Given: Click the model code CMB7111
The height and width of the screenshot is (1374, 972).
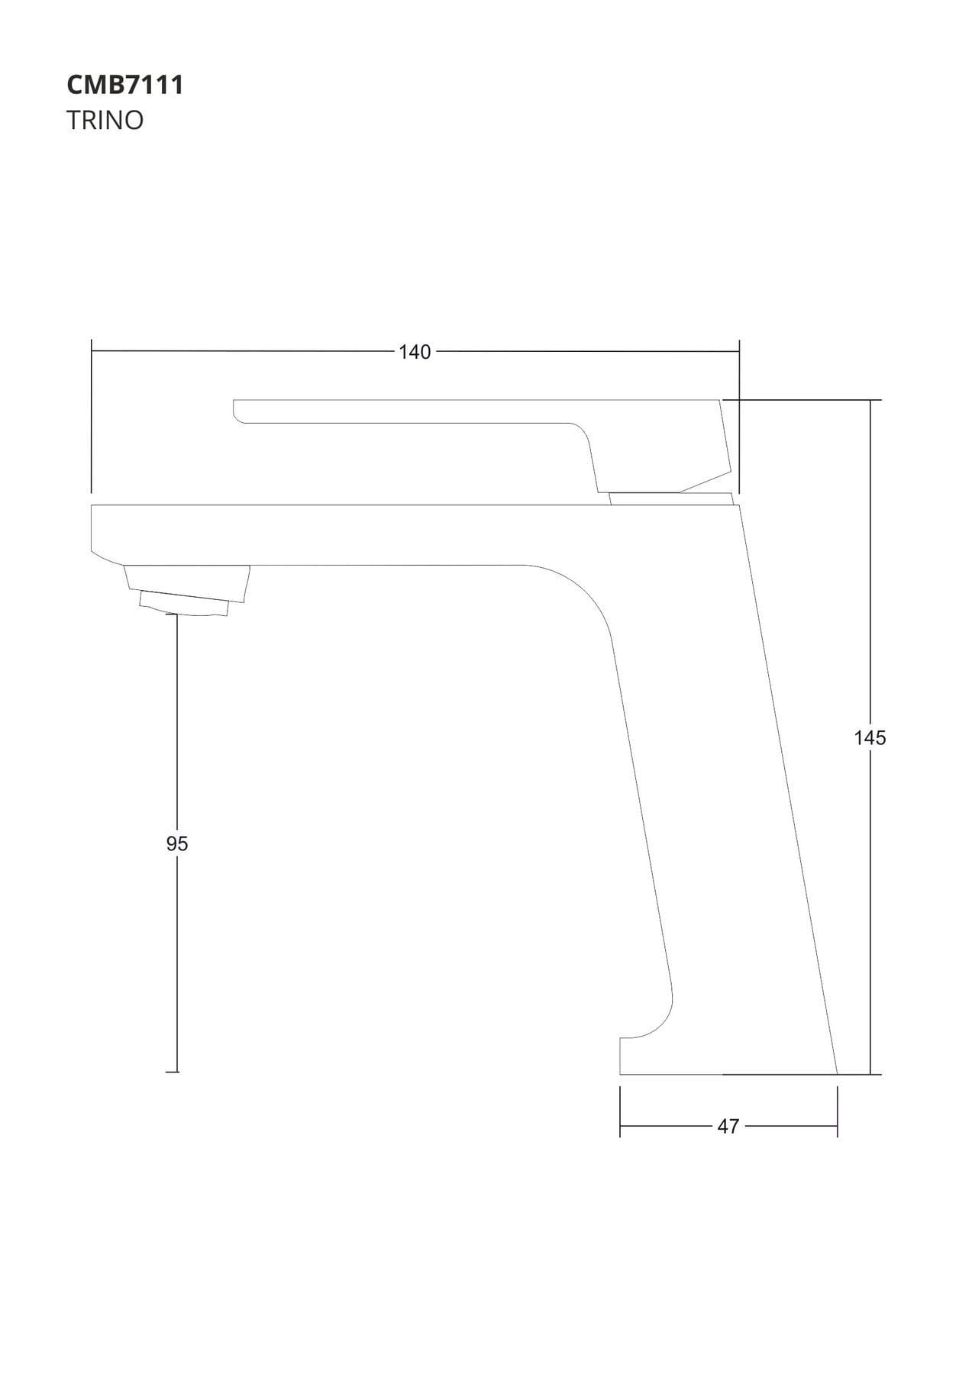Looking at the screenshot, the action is click(125, 85).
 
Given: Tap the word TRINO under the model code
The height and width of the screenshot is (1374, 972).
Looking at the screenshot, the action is click(105, 121).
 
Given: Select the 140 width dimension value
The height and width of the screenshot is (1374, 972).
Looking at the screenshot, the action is click(415, 352).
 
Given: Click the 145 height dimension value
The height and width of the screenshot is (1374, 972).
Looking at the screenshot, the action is click(870, 737).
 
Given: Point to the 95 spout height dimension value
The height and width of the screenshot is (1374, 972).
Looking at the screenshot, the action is click(177, 843).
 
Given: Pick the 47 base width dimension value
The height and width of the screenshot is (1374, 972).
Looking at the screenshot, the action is click(728, 1126).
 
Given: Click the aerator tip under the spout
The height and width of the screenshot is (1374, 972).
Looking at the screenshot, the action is click(186, 602).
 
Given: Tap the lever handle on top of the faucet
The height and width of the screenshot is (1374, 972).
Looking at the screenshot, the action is click(482, 446).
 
